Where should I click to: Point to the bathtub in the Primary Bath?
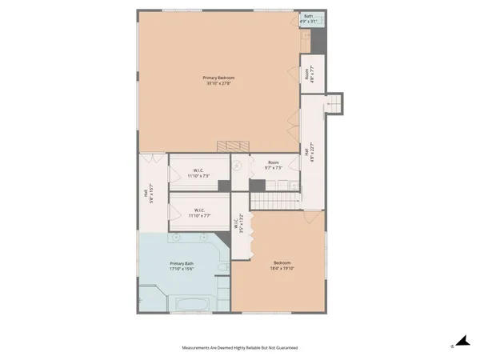189,304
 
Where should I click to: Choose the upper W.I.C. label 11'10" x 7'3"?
198,174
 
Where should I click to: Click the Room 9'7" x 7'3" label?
273,163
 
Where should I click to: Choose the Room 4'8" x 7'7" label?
307,74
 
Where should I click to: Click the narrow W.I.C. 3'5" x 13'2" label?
238,226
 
